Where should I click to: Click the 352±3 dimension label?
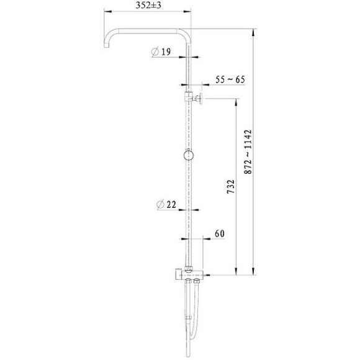click(x=148, y=5)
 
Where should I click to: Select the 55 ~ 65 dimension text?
click(x=230, y=79)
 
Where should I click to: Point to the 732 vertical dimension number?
click(x=231, y=187)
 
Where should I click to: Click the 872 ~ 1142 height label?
click(x=248, y=152)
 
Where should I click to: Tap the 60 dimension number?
click(x=220, y=233)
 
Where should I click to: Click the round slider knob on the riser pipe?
click(x=189, y=155)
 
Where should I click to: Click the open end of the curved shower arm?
click(x=106, y=46)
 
